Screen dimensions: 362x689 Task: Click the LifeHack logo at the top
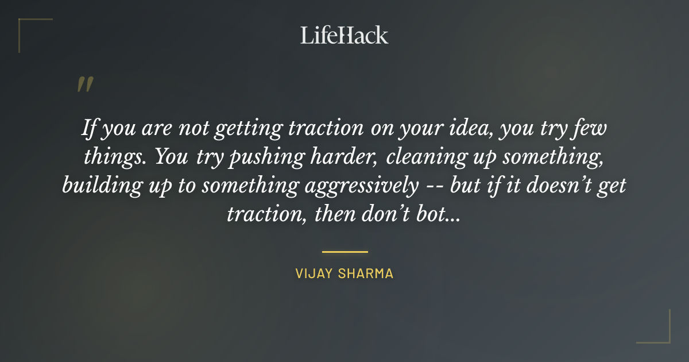(x=344, y=35)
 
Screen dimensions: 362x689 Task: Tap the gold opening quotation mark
(x=84, y=84)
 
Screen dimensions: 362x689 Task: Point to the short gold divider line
(x=344, y=252)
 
